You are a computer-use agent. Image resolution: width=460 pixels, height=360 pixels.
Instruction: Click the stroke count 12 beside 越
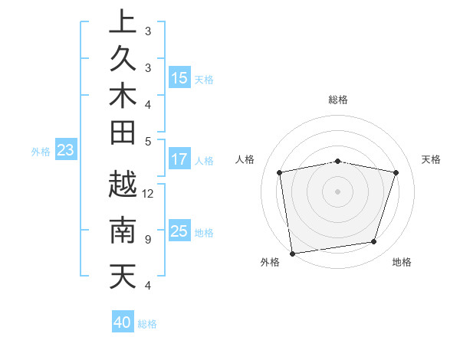[149, 194]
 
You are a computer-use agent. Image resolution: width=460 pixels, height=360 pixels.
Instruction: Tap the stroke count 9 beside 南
[147, 240]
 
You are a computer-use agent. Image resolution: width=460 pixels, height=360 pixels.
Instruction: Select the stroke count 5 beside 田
[147, 141]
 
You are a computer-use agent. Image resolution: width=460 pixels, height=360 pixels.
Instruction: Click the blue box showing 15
[179, 77]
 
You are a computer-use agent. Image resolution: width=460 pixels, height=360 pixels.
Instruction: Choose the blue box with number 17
[179, 159]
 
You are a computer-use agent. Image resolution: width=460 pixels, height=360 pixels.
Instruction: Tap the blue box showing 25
[179, 231]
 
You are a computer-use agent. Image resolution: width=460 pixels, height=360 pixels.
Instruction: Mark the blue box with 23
[66, 151]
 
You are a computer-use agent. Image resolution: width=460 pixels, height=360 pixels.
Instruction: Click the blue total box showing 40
[123, 322]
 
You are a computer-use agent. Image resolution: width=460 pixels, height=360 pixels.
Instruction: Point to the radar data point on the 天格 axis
[396, 172]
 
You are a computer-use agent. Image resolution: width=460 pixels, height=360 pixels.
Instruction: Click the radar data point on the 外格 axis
[291, 253]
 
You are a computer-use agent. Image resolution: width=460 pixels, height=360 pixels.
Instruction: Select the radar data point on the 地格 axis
[373, 242]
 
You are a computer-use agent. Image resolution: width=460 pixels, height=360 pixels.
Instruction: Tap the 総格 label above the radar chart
[338, 100]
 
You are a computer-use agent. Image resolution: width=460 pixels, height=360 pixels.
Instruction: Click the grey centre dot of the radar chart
[337, 191]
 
